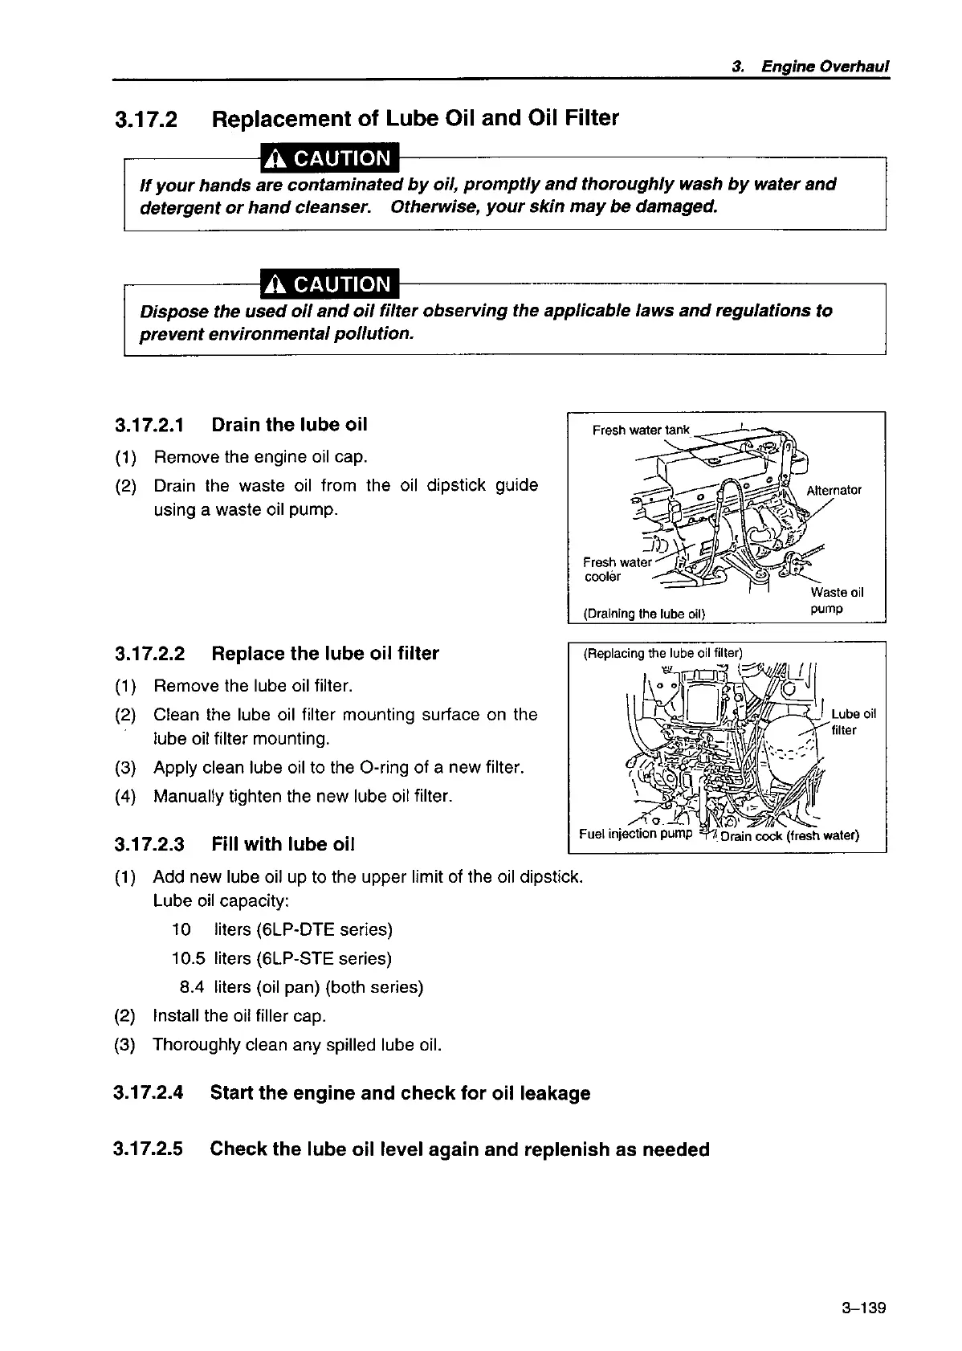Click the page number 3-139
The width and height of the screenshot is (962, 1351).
point(863,1308)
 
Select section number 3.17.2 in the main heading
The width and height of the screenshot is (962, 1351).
point(146,120)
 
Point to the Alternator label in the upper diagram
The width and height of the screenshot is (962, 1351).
point(834,490)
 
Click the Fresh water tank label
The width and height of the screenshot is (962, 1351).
point(640,430)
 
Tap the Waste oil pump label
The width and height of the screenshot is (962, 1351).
point(835,600)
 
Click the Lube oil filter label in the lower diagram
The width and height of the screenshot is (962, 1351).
point(852,721)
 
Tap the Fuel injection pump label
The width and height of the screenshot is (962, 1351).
point(635,833)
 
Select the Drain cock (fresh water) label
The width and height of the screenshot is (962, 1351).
point(789,835)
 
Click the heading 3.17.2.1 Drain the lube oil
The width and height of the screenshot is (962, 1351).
point(241,424)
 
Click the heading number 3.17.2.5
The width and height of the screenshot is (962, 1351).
point(149,1149)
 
